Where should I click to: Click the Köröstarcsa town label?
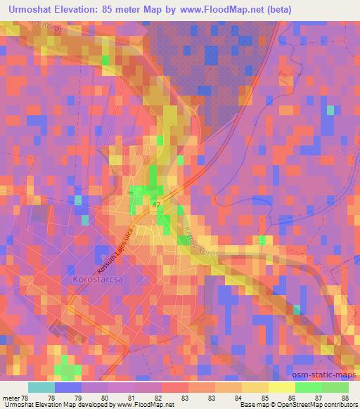click(98, 279)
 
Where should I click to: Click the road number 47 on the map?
click(157, 204)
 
